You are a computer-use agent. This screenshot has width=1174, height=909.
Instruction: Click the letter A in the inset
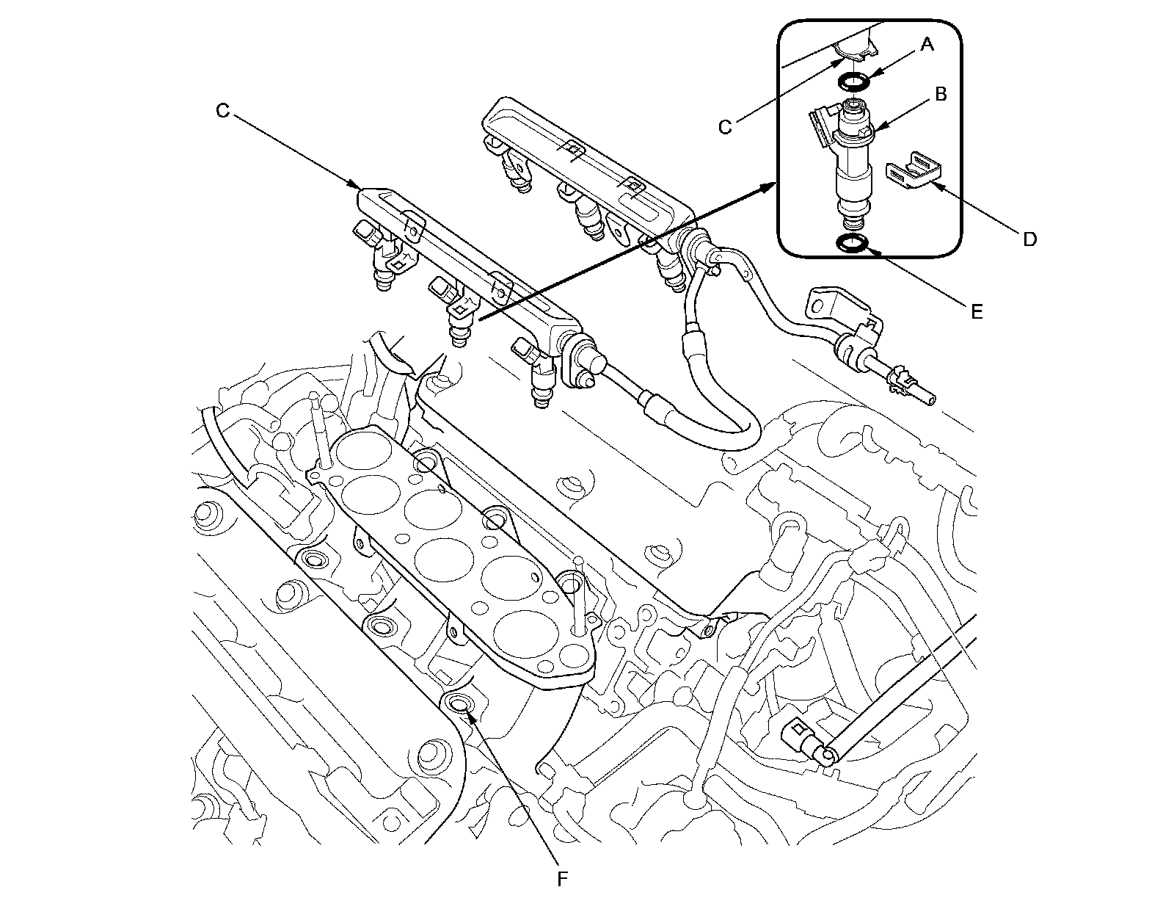click(927, 46)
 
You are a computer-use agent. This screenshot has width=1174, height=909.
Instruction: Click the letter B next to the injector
click(940, 94)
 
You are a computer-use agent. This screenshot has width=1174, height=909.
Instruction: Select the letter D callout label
click(1029, 239)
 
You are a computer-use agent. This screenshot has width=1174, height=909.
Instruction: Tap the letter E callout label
click(976, 312)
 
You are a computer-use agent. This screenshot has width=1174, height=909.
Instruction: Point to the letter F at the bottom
click(562, 879)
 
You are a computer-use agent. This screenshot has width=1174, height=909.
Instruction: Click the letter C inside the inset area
click(725, 127)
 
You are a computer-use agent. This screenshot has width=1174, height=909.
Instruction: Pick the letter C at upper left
click(222, 111)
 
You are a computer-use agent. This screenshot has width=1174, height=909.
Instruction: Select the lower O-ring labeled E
click(853, 243)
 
